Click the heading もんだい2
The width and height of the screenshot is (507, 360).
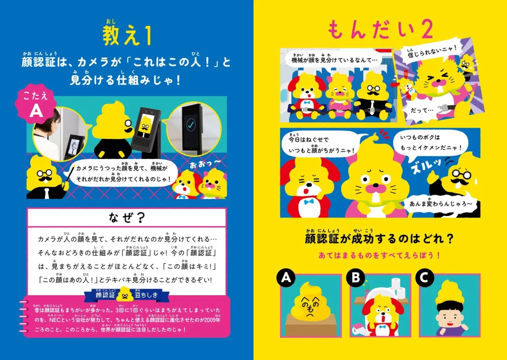point(380,30)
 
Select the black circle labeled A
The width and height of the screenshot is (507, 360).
point(286,278)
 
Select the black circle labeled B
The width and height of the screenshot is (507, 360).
point(355,278)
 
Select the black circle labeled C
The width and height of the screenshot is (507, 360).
point(425,278)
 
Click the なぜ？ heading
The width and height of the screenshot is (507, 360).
point(127,217)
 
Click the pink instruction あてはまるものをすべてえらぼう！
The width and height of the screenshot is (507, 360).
point(379,255)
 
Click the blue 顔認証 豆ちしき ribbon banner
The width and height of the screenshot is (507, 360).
point(127,295)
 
